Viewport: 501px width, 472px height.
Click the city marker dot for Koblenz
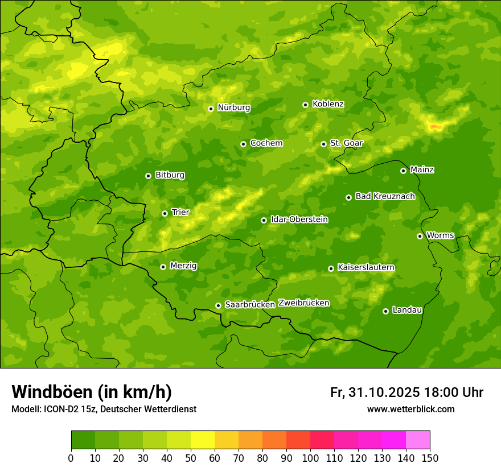click(x=305, y=105)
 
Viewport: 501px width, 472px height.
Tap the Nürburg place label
click(x=233, y=107)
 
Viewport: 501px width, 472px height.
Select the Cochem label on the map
click(x=266, y=143)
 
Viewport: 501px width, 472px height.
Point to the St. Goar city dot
click(x=323, y=144)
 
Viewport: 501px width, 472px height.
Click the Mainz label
click(x=422, y=169)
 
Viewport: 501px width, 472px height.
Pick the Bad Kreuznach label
click(x=385, y=196)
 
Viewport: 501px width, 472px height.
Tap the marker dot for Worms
click(x=420, y=236)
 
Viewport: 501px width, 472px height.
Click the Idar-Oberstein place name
click(x=299, y=219)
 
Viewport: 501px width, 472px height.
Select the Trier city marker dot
click(x=165, y=213)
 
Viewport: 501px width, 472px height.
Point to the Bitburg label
click(x=170, y=175)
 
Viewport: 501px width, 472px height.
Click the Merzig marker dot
click(x=163, y=267)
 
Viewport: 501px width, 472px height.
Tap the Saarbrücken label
click(x=250, y=305)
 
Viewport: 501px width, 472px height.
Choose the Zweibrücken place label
click(x=303, y=303)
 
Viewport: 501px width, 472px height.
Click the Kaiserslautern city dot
click(x=331, y=268)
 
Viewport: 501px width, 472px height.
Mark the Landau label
click(x=407, y=310)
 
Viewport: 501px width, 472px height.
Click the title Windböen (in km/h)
click(x=92, y=392)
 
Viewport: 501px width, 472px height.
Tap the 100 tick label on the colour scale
click(x=310, y=458)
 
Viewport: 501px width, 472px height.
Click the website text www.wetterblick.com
click(x=410, y=409)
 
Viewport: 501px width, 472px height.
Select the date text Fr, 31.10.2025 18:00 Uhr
click(x=406, y=392)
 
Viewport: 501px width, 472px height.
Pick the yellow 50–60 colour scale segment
click(x=203, y=440)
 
